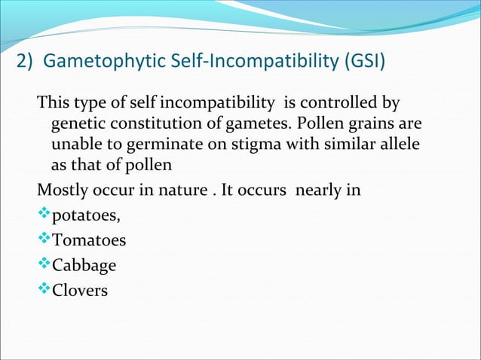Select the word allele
[398, 144]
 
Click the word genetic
[75, 123]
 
